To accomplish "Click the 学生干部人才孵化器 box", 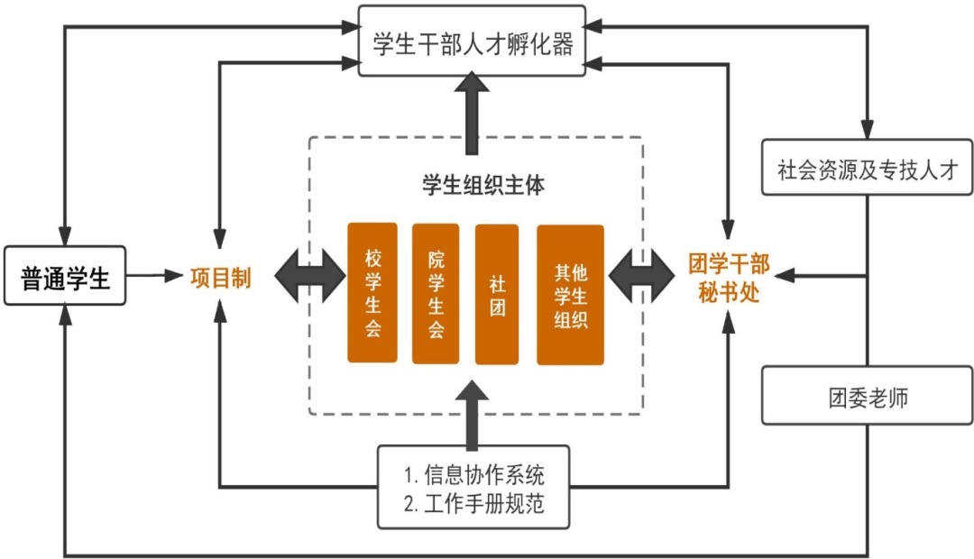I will point(472,41).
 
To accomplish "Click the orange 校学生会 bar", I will point(372,293).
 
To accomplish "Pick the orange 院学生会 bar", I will point(436,293).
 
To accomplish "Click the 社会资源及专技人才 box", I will point(867,167).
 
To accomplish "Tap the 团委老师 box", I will point(867,395).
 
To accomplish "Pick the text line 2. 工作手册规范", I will point(474,504).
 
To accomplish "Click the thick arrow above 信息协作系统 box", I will point(471,415).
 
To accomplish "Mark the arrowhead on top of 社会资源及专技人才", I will point(868,130).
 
